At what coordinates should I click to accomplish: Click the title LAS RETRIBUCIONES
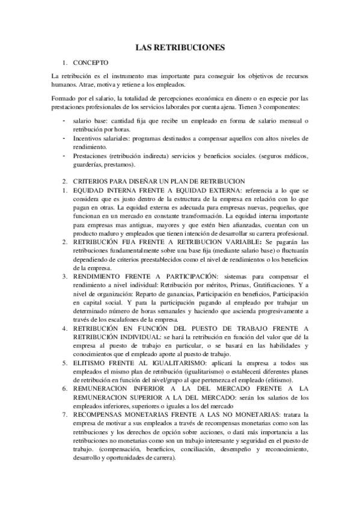pos(180,47)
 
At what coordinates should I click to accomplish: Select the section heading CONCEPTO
pos(90,62)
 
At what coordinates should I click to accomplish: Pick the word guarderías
pos(89,165)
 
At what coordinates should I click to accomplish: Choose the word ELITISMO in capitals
pos(93,364)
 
